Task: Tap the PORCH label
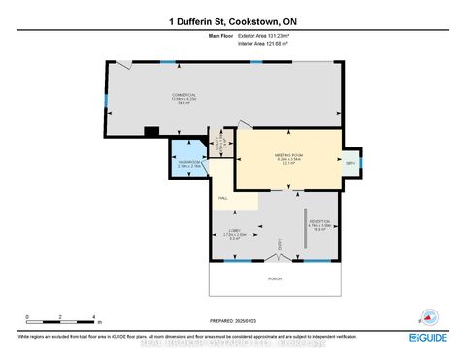276,278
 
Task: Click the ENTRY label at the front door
280,244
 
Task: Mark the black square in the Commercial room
150,132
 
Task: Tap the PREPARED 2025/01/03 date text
233,320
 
